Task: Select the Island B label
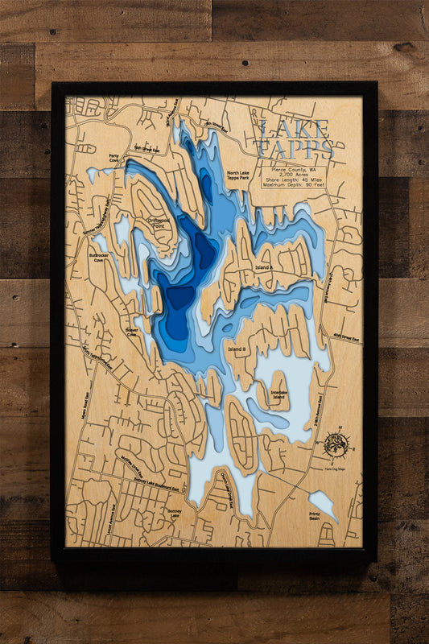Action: tap(237, 349)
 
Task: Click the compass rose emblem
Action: tap(335, 444)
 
